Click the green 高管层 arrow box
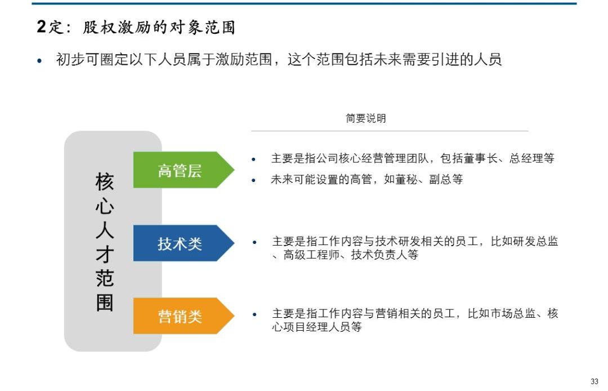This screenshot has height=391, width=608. point(180,170)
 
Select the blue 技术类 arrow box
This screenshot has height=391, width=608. point(180,243)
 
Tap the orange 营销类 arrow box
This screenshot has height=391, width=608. point(180,316)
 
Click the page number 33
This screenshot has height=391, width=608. point(594,381)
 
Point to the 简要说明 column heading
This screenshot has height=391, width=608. point(366,118)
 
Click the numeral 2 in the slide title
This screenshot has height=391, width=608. point(41,26)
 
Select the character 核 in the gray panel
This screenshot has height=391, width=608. point(105,182)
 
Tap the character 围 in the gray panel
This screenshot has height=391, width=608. point(105,303)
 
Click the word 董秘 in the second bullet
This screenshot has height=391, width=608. point(403,180)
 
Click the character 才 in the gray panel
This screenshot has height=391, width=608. point(105,255)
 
